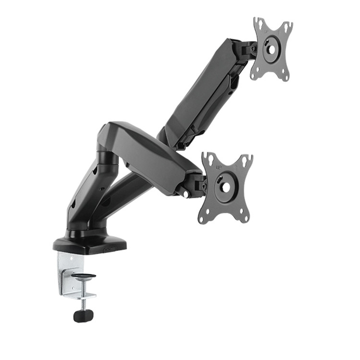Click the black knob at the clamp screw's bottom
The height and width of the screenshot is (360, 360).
click(83, 315)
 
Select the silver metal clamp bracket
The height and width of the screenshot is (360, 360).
click(66, 274)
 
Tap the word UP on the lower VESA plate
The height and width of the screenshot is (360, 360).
click(219, 168)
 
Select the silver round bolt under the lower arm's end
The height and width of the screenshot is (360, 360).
click(185, 194)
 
